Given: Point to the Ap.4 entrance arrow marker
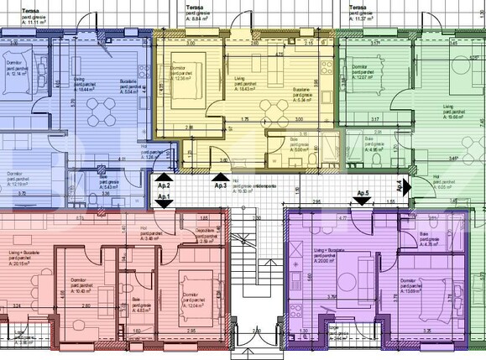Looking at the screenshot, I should tap(404, 186).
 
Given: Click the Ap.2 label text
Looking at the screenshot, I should tap(163, 185).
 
